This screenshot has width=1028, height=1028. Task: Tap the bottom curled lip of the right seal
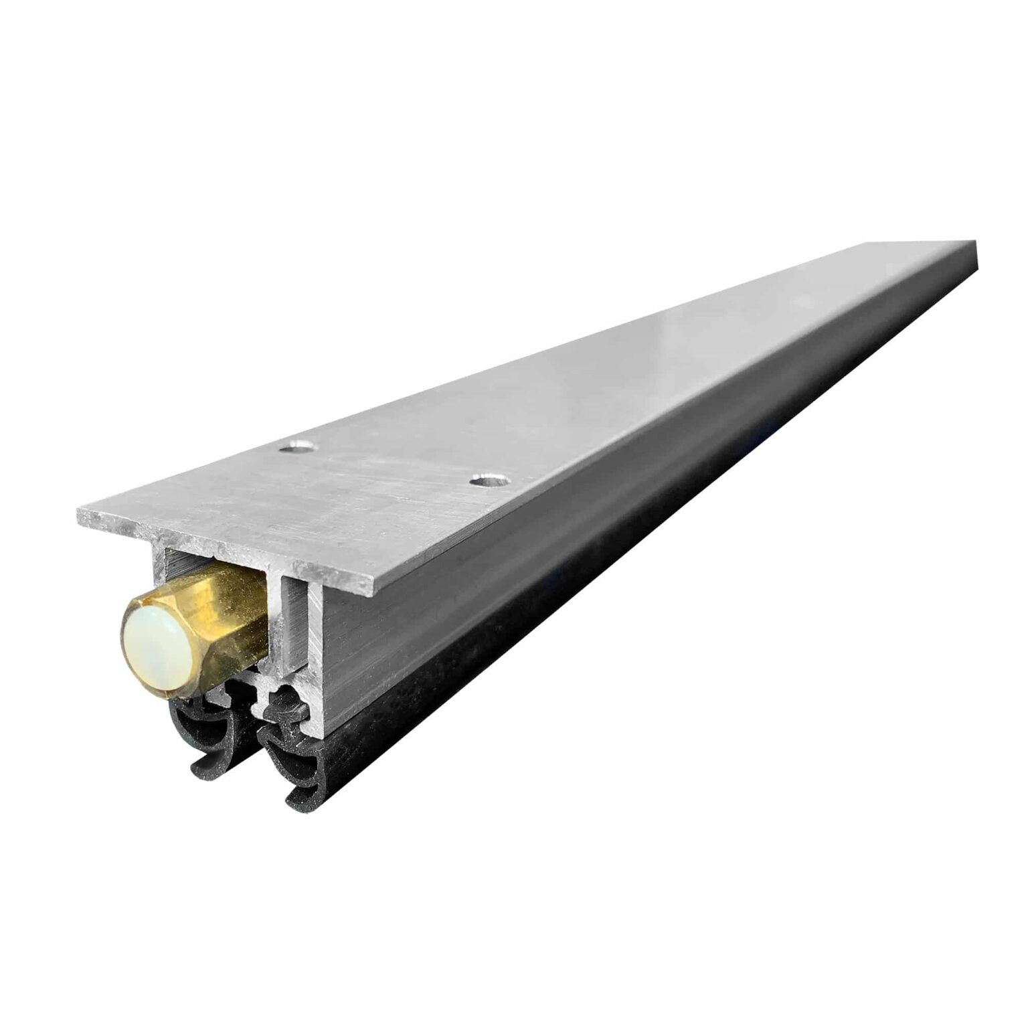tap(298, 800)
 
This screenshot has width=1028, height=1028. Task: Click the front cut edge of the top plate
tap(221, 549)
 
